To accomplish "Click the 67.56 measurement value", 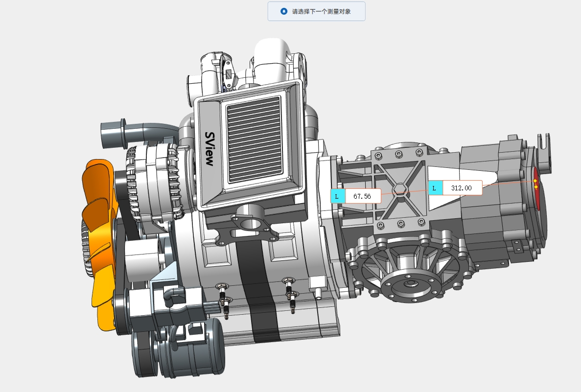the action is coord(362,196).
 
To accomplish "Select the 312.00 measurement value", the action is coord(461,188).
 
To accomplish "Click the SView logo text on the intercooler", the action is coord(209,149).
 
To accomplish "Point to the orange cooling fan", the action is coord(98,241).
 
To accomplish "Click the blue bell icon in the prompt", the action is coord(284,11).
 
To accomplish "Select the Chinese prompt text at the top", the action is coord(321,11).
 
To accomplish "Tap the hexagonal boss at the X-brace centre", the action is coord(399,189).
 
